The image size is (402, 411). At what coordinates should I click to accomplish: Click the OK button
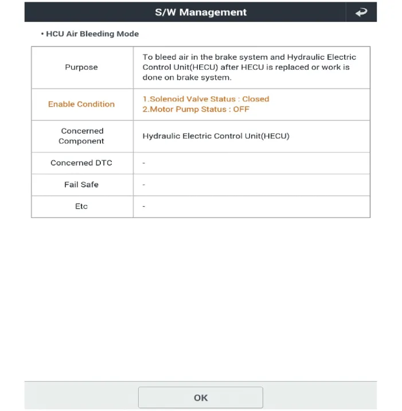point(200,397)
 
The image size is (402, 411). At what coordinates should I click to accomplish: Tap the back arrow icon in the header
point(361,12)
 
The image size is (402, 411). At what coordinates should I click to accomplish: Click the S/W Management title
point(201,12)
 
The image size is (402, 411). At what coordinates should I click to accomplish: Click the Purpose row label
point(81,67)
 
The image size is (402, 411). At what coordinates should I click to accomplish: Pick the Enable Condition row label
point(81,104)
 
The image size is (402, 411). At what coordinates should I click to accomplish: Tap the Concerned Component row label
point(81,136)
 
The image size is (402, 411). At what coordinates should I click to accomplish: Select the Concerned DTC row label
point(81,163)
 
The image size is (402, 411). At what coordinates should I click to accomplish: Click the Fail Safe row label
point(81,185)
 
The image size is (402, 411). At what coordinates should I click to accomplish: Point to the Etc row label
point(81,206)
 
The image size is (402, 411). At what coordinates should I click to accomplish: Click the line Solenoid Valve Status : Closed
point(206,99)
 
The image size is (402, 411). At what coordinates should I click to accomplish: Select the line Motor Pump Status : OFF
point(196,109)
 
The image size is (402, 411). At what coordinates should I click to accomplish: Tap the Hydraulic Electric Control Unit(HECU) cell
point(216,136)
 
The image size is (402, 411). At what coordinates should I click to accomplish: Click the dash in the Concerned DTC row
point(144,163)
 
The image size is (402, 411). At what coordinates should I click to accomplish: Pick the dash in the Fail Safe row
point(144,185)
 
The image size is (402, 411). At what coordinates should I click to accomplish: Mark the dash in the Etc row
point(144,206)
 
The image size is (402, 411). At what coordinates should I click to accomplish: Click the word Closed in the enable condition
point(256,99)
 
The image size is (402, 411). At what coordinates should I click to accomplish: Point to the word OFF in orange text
point(241,109)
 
